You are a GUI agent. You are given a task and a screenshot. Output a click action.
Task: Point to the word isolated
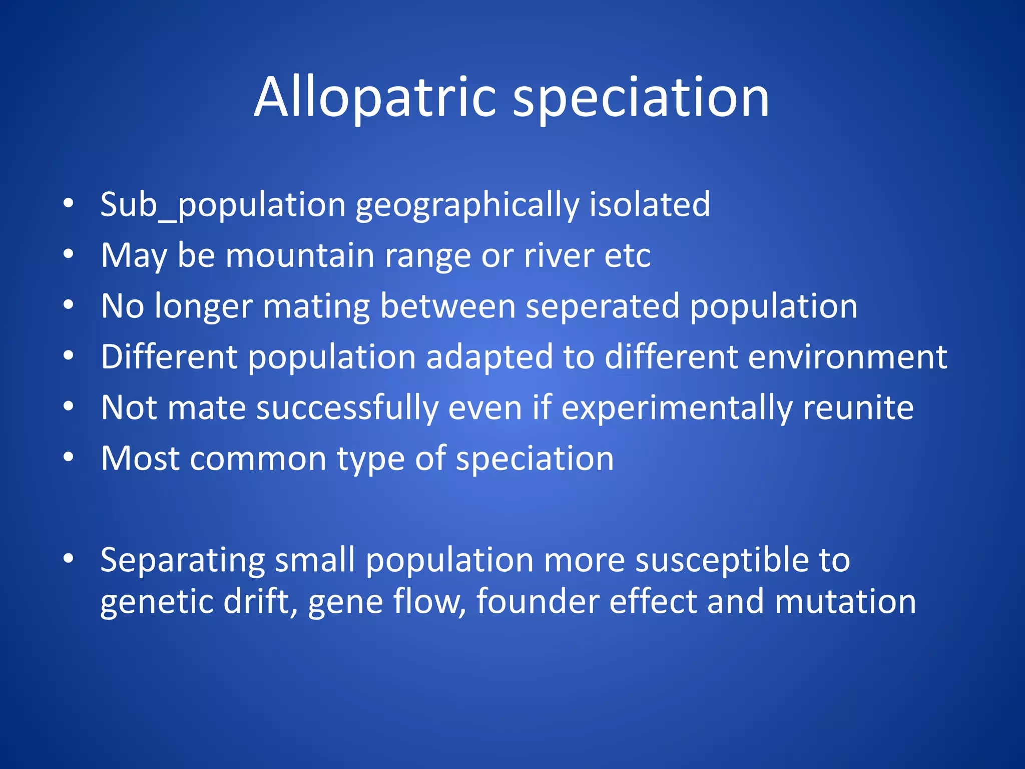pos(650,205)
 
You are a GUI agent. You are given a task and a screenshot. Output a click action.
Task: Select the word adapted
pos(489,357)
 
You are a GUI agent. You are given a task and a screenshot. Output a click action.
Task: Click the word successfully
pos(347,408)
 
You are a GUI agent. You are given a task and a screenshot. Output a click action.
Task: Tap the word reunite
pos(858,408)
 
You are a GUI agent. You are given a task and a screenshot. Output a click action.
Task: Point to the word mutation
pos(845,601)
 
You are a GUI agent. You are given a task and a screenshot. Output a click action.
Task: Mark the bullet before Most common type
pos(69,457)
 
